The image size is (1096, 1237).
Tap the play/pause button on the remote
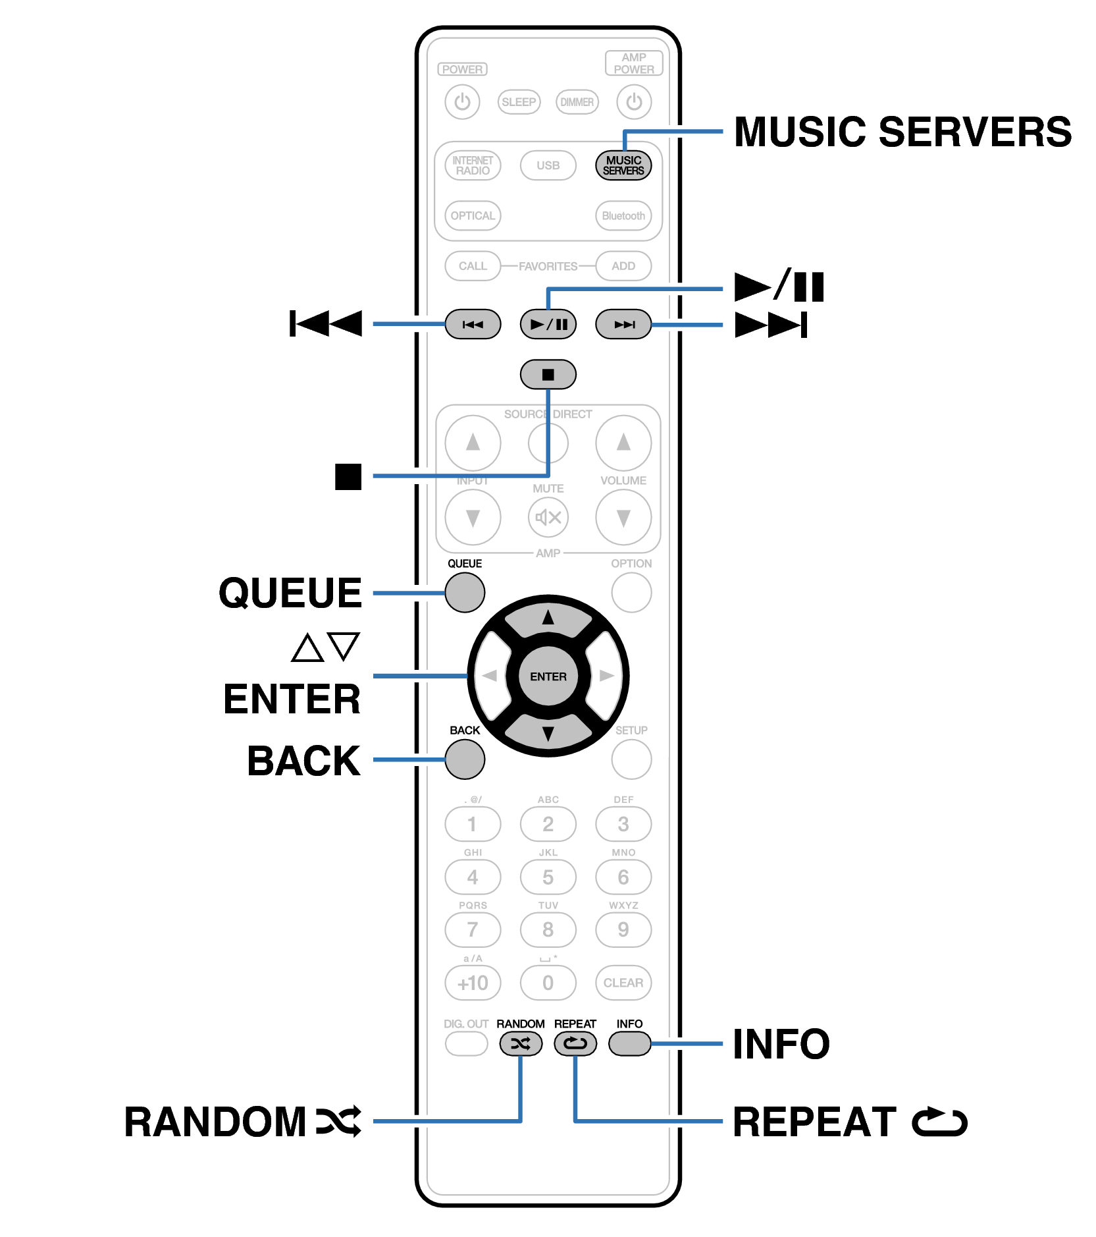coord(548,324)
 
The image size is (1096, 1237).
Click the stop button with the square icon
coord(548,374)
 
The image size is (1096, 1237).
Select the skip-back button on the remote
coord(473,324)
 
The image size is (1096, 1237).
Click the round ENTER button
coord(548,676)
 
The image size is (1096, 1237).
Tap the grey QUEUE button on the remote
coord(465,592)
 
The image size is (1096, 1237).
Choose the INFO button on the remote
coord(629,1043)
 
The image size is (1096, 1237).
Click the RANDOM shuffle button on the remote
coord(520,1043)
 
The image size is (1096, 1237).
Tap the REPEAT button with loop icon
coord(575,1043)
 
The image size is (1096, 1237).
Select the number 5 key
coord(548,877)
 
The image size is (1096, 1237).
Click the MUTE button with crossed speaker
coord(548,517)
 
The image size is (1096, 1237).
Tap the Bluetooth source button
coord(623,216)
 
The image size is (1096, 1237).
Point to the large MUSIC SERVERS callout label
coord(902,132)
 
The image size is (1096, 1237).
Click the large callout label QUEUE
coord(290,592)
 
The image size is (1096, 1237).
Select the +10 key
coord(473,983)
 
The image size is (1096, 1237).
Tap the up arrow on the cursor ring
coord(548,618)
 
